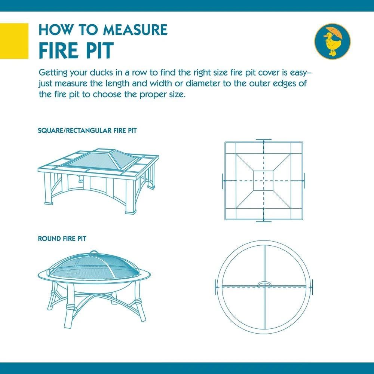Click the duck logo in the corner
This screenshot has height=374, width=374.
[x=332, y=41]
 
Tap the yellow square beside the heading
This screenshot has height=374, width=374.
[x=14, y=41]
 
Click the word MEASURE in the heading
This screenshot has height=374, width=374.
[x=135, y=30]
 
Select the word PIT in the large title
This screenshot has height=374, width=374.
[x=99, y=50]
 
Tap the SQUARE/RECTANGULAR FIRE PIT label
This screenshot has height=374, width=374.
[x=87, y=131]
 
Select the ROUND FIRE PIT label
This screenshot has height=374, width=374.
[x=62, y=239]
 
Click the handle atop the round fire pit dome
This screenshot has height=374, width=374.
[x=93, y=252]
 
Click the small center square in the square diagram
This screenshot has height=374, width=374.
[x=264, y=181]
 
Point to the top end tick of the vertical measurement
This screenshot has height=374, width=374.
[x=264, y=140]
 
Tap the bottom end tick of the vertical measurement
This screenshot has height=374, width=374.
[x=264, y=221]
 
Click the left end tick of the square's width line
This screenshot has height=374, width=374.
[x=223, y=181]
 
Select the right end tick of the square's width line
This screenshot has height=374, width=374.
[x=304, y=181]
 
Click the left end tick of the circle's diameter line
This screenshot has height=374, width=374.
[x=215, y=287]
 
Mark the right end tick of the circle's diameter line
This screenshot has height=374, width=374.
[x=312, y=287]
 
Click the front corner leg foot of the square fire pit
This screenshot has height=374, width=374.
[x=131, y=212]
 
